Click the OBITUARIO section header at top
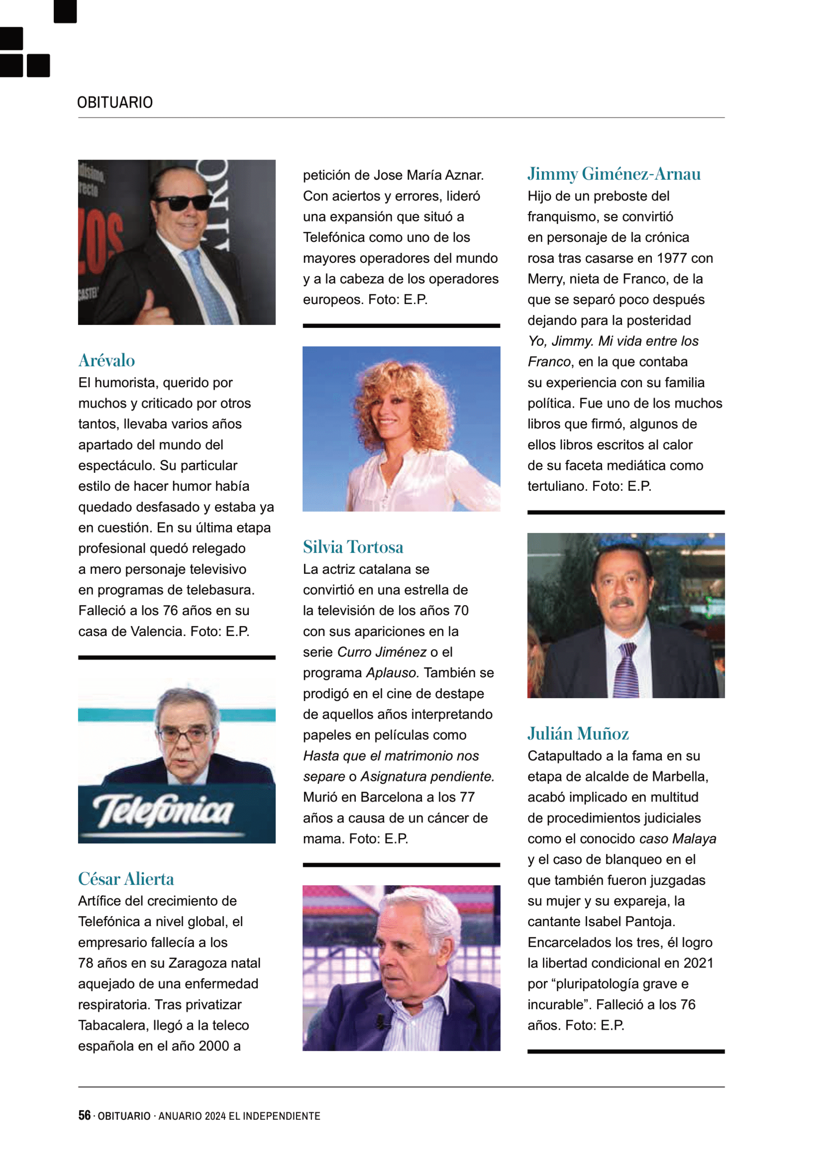pyautogui.click(x=114, y=103)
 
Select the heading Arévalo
pyautogui.click(x=107, y=360)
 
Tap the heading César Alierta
pyautogui.click(x=126, y=879)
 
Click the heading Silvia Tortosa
pyautogui.click(x=353, y=547)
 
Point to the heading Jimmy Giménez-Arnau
pyautogui.click(x=614, y=174)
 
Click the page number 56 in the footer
pyautogui.click(x=84, y=1115)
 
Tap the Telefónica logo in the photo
pyautogui.click(x=163, y=810)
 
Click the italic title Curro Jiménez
pyautogui.click(x=382, y=652)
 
